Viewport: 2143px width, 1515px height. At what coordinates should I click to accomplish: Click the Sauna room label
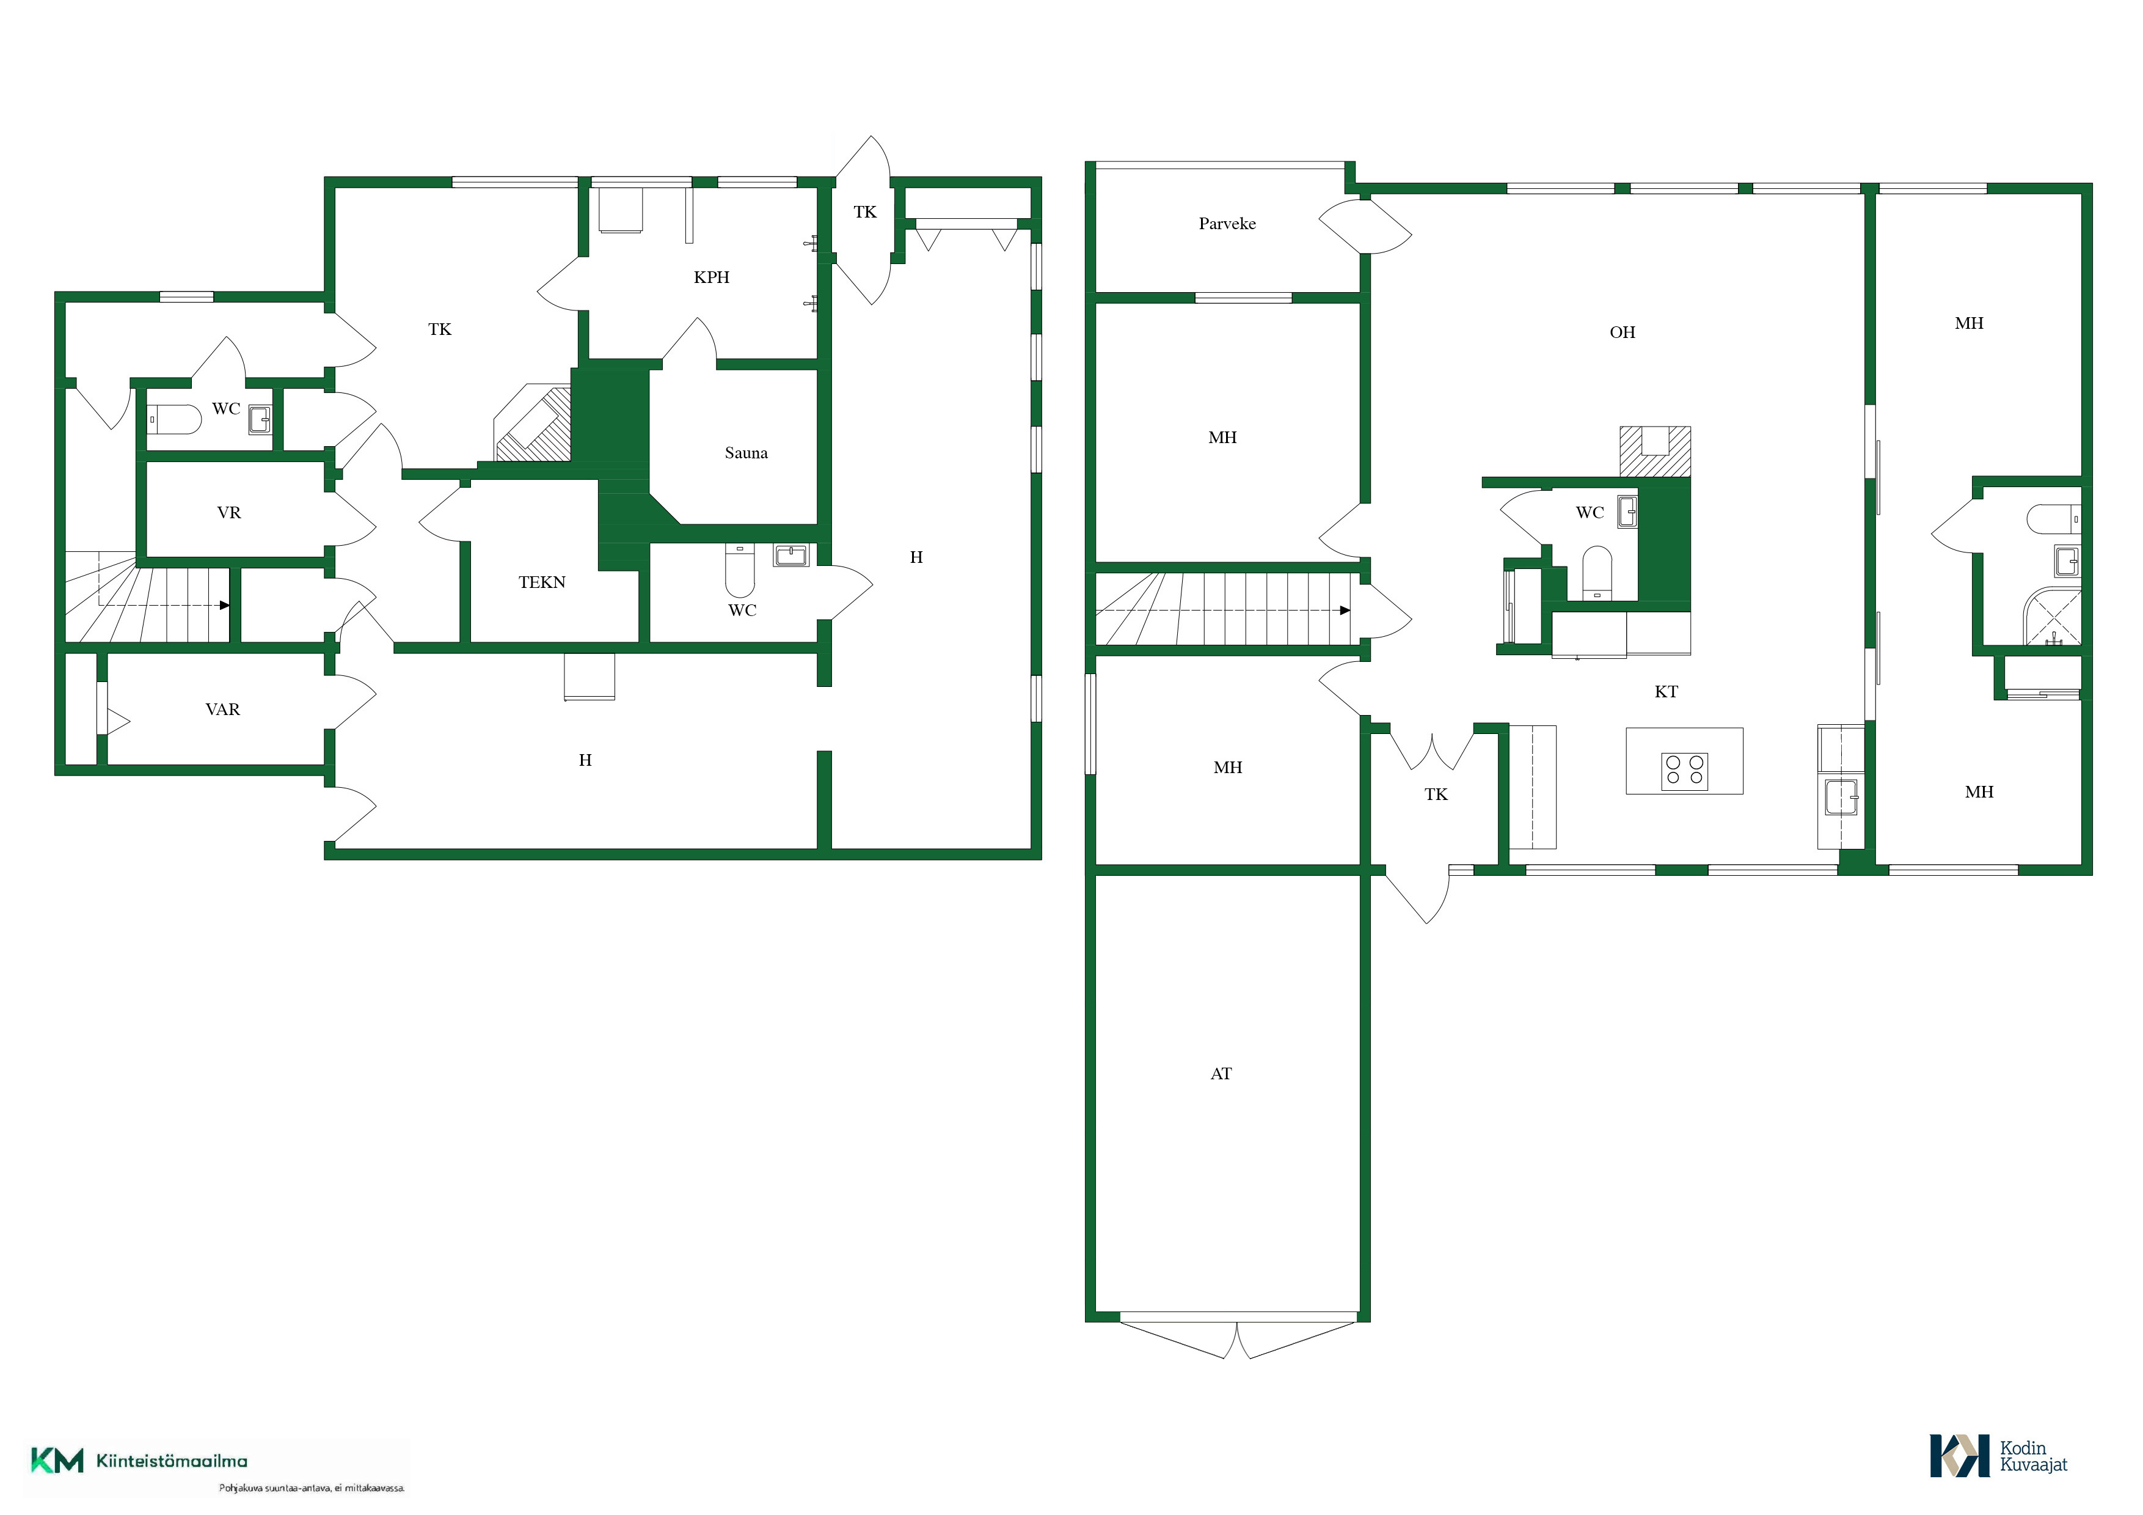pos(746,453)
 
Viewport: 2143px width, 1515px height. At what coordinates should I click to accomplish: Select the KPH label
pos(711,277)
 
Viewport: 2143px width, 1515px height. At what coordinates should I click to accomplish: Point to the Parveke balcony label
pos(1227,224)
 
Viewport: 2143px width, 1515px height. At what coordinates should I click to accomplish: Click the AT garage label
pos(1221,1074)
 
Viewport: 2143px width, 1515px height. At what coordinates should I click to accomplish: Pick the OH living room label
pos(1622,332)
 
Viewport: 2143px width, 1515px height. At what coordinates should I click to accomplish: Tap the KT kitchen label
pos(1666,692)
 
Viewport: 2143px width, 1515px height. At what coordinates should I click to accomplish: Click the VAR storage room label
pos(222,710)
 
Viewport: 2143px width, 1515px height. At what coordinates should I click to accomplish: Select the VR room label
pos(228,513)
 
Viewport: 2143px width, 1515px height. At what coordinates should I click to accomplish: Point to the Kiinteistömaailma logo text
pos(172,1461)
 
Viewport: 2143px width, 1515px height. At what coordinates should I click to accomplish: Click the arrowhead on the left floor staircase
pos(225,605)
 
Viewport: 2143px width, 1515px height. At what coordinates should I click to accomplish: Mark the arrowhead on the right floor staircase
pos(1345,611)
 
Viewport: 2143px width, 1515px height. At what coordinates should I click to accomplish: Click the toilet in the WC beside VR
pos(175,419)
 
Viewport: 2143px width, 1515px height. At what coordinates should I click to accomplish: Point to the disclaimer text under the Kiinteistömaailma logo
pos(312,1488)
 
